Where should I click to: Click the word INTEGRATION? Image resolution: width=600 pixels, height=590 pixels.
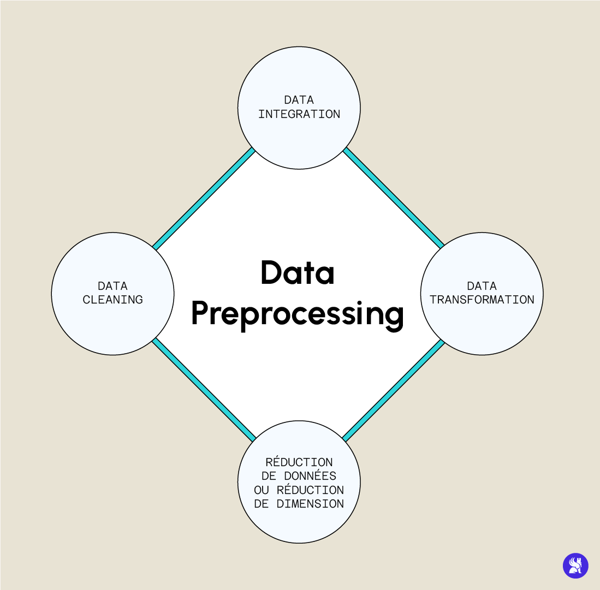click(x=299, y=114)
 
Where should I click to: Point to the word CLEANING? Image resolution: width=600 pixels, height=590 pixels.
click(x=112, y=300)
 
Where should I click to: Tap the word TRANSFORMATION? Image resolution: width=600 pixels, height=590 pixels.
click(x=482, y=300)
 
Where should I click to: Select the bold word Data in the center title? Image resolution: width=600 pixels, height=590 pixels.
click(x=298, y=272)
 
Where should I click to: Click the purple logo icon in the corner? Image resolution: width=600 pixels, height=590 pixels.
click(x=575, y=565)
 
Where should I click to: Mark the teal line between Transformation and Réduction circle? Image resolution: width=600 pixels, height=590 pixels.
click(x=393, y=390)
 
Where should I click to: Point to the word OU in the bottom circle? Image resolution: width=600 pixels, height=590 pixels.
click(x=262, y=490)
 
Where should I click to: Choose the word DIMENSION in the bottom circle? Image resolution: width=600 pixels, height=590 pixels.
click(x=310, y=503)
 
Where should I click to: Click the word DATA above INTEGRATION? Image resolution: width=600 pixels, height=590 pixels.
click(x=299, y=100)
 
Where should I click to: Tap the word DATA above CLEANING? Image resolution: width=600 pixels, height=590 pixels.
click(x=112, y=286)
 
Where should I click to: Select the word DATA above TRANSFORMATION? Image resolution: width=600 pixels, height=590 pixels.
click(x=482, y=286)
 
